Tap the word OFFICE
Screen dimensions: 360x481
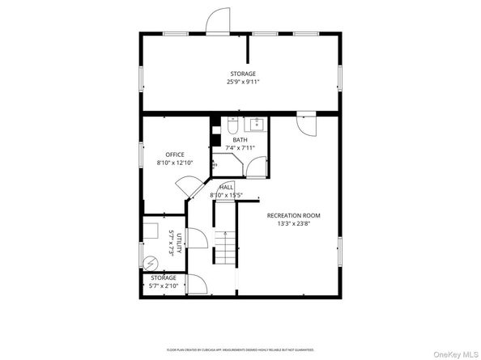click(175, 155)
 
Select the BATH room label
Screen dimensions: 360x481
click(240, 140)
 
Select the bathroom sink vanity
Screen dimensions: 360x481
click(258, 125)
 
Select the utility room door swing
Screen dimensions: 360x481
click(196, 239)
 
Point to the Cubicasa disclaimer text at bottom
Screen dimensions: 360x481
click(240, 350)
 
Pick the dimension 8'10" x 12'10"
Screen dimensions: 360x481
click(175, 163)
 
